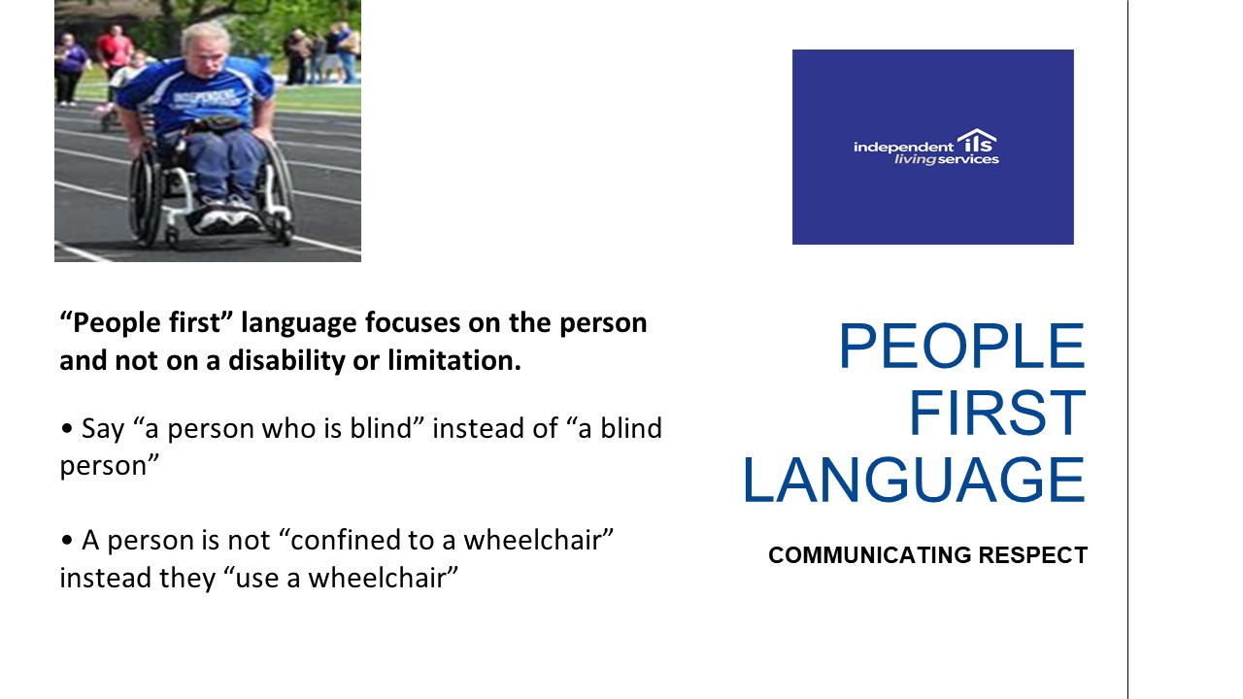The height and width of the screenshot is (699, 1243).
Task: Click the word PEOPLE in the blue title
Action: pyautogui.click(x=961, y=346)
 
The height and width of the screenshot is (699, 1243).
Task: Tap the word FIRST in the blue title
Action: pyautogui.click(x=997, y=414)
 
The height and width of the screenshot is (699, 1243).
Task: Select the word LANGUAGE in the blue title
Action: pyautogui.click(x=914, y=481)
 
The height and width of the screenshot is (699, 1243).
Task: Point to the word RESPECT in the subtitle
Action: pyautogui.click(x=1032, y=555)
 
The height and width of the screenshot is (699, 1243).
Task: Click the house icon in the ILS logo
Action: pyautogui.click(x=977, y=140)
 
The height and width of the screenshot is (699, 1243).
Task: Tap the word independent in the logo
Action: pyautogui.click(x=903, y=148)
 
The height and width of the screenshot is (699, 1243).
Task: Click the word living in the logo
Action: pyautogui.click(x=916, y=160)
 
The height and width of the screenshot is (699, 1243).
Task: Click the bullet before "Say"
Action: pyautogui.click(x=67, y=428)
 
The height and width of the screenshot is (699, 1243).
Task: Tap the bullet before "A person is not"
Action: pyautogui.click(x=67, y=540)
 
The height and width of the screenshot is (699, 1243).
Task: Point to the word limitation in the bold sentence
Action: pyautogui.click(x=454, y=360)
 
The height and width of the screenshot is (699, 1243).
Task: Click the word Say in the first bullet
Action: pyautogui.click(x=103, y=429)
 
